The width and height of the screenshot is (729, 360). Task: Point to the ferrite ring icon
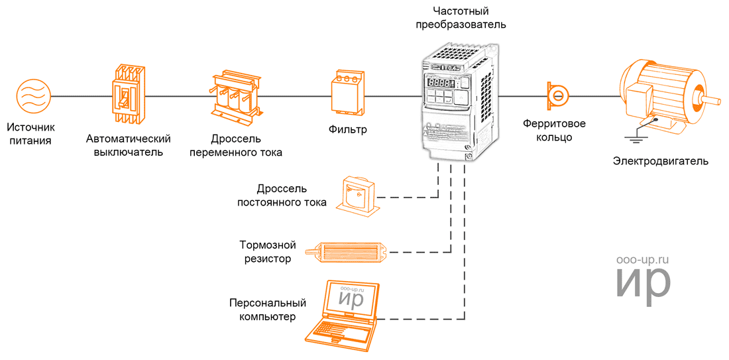point(558,96)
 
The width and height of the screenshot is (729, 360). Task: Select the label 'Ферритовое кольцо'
point(555,131)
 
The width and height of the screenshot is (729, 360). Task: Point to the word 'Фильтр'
point(347,129)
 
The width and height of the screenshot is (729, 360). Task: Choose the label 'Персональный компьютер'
point(268,310)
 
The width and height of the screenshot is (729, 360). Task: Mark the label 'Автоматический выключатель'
point(129,145)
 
